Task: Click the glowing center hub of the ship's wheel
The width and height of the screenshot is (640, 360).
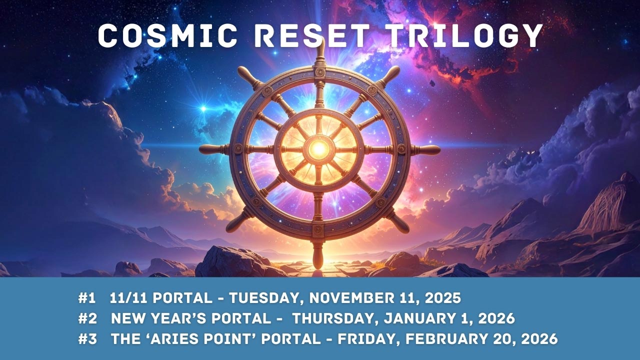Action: pos(318,148)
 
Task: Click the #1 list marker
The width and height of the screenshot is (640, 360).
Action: pos(86,298)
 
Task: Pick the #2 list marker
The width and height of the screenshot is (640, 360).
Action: pos(87,318)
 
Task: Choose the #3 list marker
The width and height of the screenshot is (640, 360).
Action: pos(87,338)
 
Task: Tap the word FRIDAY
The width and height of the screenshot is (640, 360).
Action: pos(368,338)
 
